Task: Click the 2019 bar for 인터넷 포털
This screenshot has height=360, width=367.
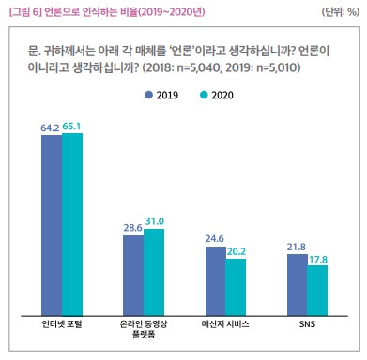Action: pyautogui.click(x=52, y=225)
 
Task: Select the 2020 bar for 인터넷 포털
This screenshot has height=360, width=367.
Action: pyautogui.click(x=72, y=224)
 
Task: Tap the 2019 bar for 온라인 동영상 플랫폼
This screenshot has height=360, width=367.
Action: pyautogui.click(x=133, y=276)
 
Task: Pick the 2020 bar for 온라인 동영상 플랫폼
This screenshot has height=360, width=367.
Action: pyautogui.click(x=154, y=272)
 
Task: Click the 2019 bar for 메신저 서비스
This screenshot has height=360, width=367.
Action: pyautogui.click(x=216, y=281)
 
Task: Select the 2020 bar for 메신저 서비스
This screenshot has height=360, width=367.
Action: pyautogui.click(x=236, y=288)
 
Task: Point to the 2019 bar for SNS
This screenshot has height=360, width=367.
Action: pyautogui.click(x=298, y=285)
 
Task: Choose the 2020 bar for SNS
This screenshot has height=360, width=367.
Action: pyautogui.click(x=317, y=291)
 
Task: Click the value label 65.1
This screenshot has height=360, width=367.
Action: pyautogui.click(x=71, y=127)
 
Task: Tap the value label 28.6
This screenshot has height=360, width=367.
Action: pyautogui.click(x=133, y=228)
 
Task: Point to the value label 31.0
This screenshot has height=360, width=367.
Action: pyautogui.click(x=155, y=221)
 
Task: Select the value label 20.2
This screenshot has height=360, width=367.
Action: pyautogui.click(x=237, y=251)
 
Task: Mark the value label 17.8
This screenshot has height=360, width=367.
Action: pyautogui.click(x=318, y=260)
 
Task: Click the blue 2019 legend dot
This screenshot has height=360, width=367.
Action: pyautogui.click(x=149, y=95)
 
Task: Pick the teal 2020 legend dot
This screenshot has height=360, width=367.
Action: pyautogui.click(x=204, y=95)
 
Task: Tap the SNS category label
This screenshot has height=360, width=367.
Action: pyautogui.click(x=307, y=324)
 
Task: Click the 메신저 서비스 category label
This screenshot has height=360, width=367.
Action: pyautogui.click(x=225, y=324)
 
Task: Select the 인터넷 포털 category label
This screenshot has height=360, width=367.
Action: pyautogui.click(x=62, y=324)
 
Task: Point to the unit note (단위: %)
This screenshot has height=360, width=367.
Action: pyautogui.click(x=341, y=12)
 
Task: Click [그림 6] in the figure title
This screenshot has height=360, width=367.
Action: pyautogui.click(x=25, y=12)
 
